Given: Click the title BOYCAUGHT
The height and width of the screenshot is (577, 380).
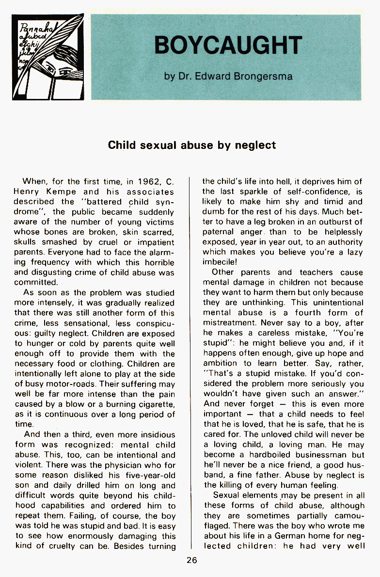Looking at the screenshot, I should [x=228, y=46].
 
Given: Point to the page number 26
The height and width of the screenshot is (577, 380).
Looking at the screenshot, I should [x=191, y=560].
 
